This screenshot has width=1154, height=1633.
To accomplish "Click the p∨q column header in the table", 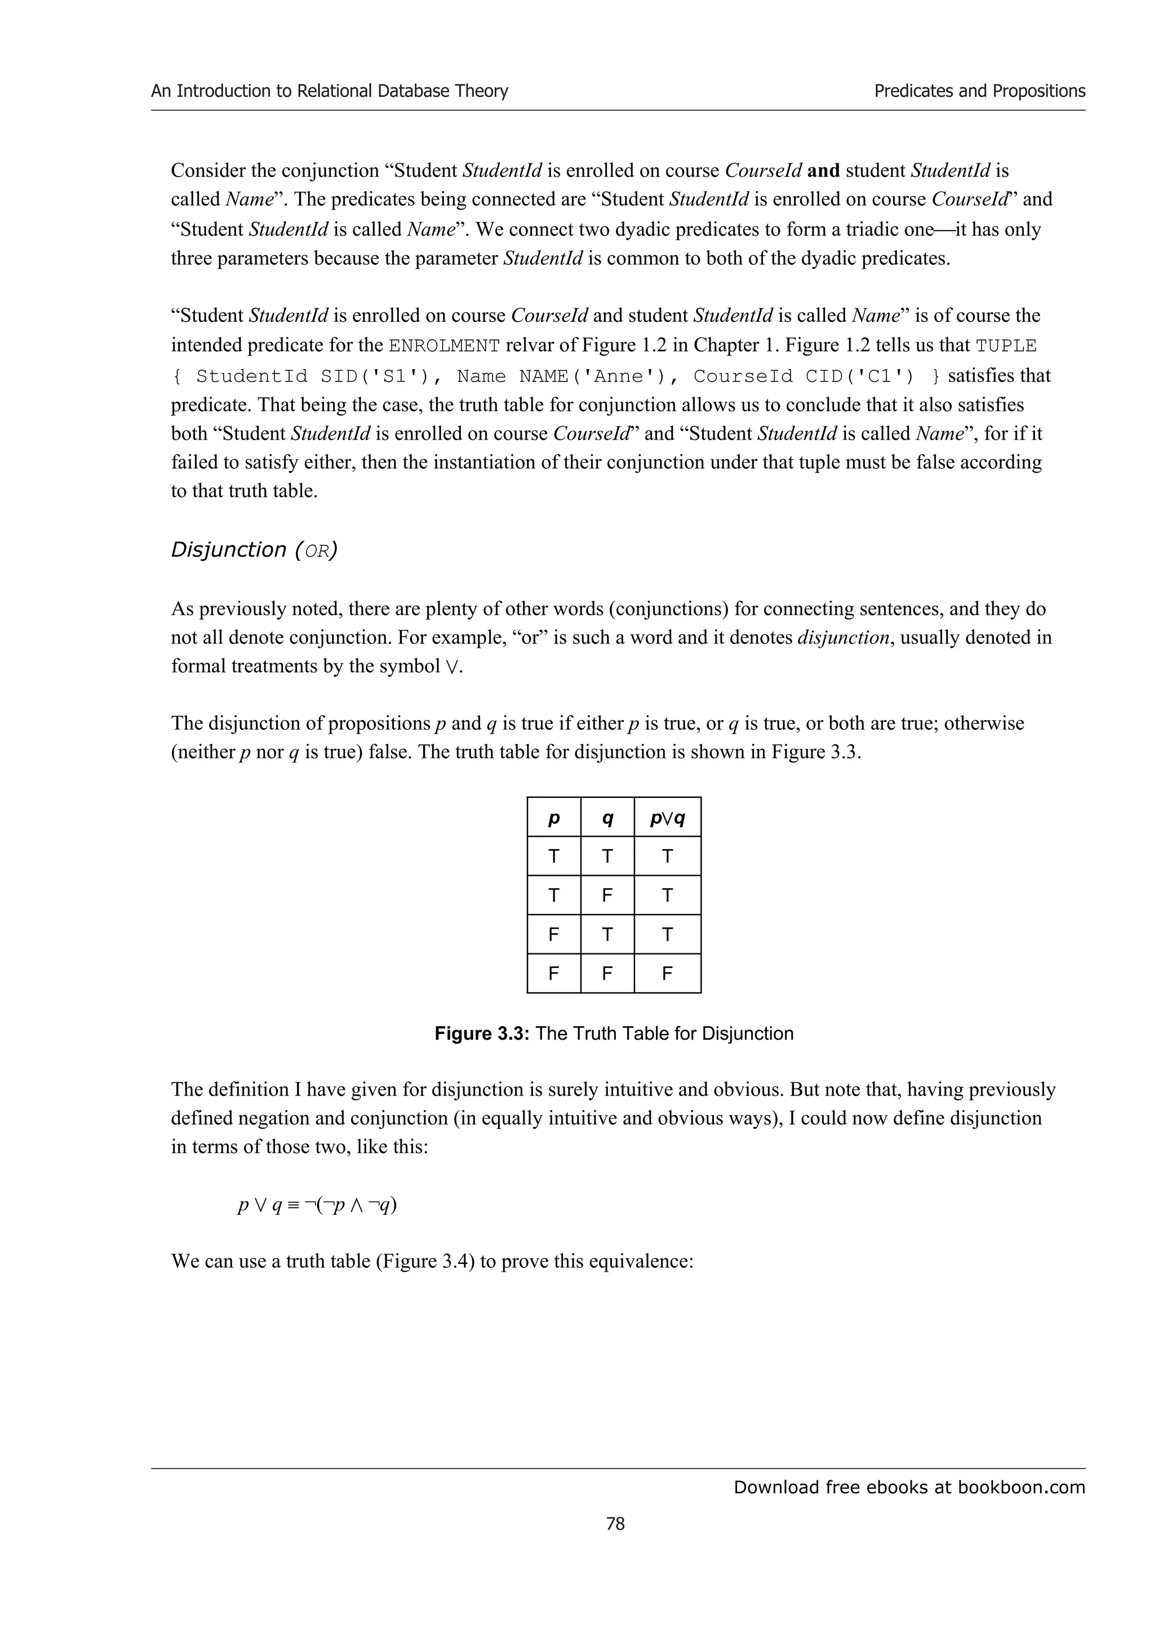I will tap(667, 819).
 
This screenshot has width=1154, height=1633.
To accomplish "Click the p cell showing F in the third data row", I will tap(554, 934).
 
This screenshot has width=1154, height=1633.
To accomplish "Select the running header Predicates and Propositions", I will tap(979, 91).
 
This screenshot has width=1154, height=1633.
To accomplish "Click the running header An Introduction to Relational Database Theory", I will tap(329, 91).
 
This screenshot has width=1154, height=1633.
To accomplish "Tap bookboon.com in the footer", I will tap(1021, 1487).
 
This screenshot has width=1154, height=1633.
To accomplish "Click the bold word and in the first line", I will tap(824, 171).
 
